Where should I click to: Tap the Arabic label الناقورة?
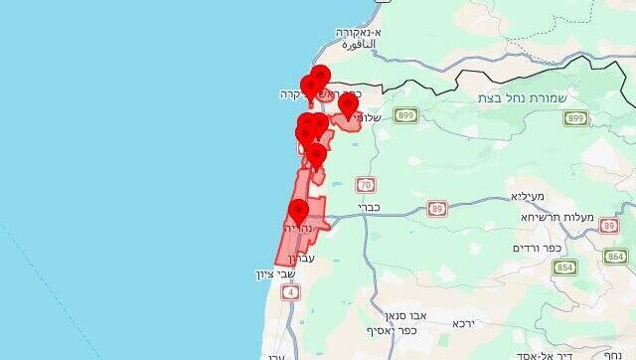[x=355, y=45]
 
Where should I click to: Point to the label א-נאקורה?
[x=363, y=32]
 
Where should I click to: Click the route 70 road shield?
[x=366, y=185]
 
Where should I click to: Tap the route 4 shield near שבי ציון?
[x=290, y=291]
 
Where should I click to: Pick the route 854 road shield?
[x=565, y=267]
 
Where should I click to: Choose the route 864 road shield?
[x=616, y=257]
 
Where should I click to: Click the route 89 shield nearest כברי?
[x=437, y=209]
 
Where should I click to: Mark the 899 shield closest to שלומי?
[x=404, y=116]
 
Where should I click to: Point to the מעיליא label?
[x=531, y=197]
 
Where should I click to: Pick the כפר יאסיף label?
[x=390, y=331]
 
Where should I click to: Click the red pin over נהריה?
[x=298, y=211]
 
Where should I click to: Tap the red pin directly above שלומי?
[x=348, y=103]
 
